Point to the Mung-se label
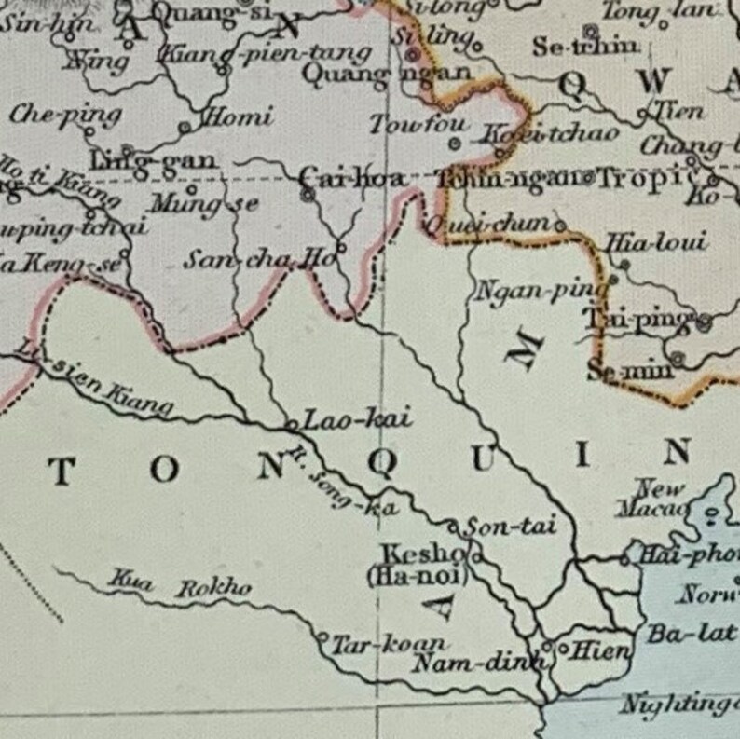click(x=203, y=202)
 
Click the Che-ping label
click(x=65, y=115)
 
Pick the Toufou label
click(x=406, y=124)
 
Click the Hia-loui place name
click(x=656, y=243)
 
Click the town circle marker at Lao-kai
click(x=292, y=424)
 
